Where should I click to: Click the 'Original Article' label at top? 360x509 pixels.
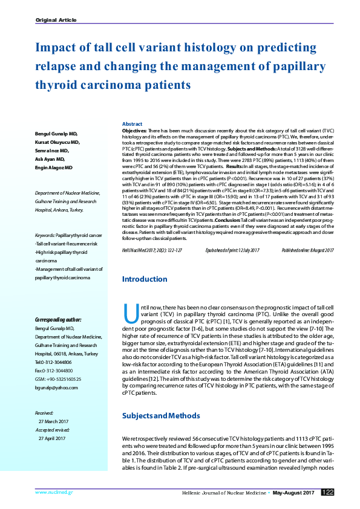(56, 20)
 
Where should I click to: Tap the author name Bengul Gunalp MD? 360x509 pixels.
(56, 134)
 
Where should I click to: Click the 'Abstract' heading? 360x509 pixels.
(132, 123)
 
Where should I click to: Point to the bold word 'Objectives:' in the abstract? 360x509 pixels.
(134, 131)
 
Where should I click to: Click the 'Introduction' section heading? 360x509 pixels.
(145, 280)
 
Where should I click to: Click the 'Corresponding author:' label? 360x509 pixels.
(58, 319)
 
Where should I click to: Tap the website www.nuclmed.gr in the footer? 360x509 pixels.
(54, 493)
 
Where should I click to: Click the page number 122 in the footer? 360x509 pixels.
(327, 493)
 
